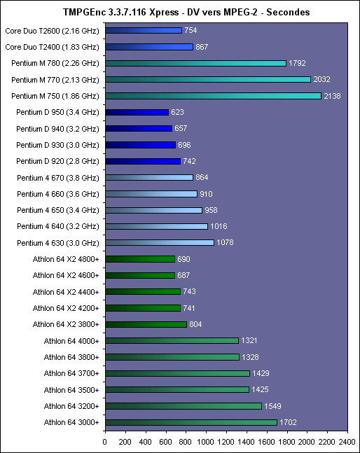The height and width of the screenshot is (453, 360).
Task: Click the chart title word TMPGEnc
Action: click(82, 12)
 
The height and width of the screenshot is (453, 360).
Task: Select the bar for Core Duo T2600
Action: click(144, 30)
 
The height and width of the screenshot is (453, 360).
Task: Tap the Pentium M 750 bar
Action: click(213, 96)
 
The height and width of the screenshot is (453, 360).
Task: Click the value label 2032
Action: click(321, 79)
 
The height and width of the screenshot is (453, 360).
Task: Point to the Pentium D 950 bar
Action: click(137, 112)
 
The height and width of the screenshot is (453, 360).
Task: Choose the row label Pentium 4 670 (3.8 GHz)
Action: click(58, 178)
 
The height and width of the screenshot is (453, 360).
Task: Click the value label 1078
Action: click(225, 242)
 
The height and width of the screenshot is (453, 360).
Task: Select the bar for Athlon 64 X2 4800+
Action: click(140, 259)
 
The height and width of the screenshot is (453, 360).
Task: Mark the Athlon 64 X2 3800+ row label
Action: click(66, 324)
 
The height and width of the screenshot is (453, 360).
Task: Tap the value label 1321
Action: click(249, 340)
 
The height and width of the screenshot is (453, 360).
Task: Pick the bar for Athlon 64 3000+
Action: click(191, 422)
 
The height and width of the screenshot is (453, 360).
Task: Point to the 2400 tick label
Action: click(347, 442)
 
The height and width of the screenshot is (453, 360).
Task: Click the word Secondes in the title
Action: click(288, 12)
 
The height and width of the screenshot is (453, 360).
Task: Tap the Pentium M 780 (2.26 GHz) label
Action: click(55, 63)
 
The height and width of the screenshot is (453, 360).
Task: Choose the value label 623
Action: click(177, 112)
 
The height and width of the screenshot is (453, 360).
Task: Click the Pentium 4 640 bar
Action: click(157, 226)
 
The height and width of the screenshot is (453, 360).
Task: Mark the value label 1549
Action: click(272, 406)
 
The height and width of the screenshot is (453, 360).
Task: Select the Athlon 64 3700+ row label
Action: click(71, 374)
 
